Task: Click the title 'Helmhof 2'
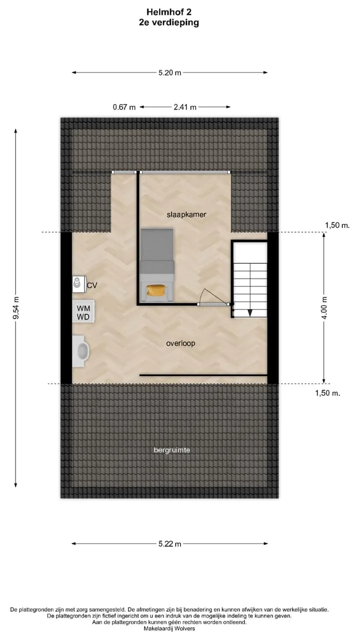169,12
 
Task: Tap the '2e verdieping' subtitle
169,23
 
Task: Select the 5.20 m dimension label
170,72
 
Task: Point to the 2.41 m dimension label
185,107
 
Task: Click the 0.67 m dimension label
124,107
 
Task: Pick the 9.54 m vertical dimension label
16,307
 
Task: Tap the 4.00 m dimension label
324,307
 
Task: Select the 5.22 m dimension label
170,543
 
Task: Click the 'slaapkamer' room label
186,214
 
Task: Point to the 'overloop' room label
180,343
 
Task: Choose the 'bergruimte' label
171,450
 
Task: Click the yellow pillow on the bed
155,290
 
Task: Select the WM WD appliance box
83,311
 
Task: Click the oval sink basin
83,351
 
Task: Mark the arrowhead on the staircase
250,313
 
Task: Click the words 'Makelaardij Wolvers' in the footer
169,628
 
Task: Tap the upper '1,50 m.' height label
337,225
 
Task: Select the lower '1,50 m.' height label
327,393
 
